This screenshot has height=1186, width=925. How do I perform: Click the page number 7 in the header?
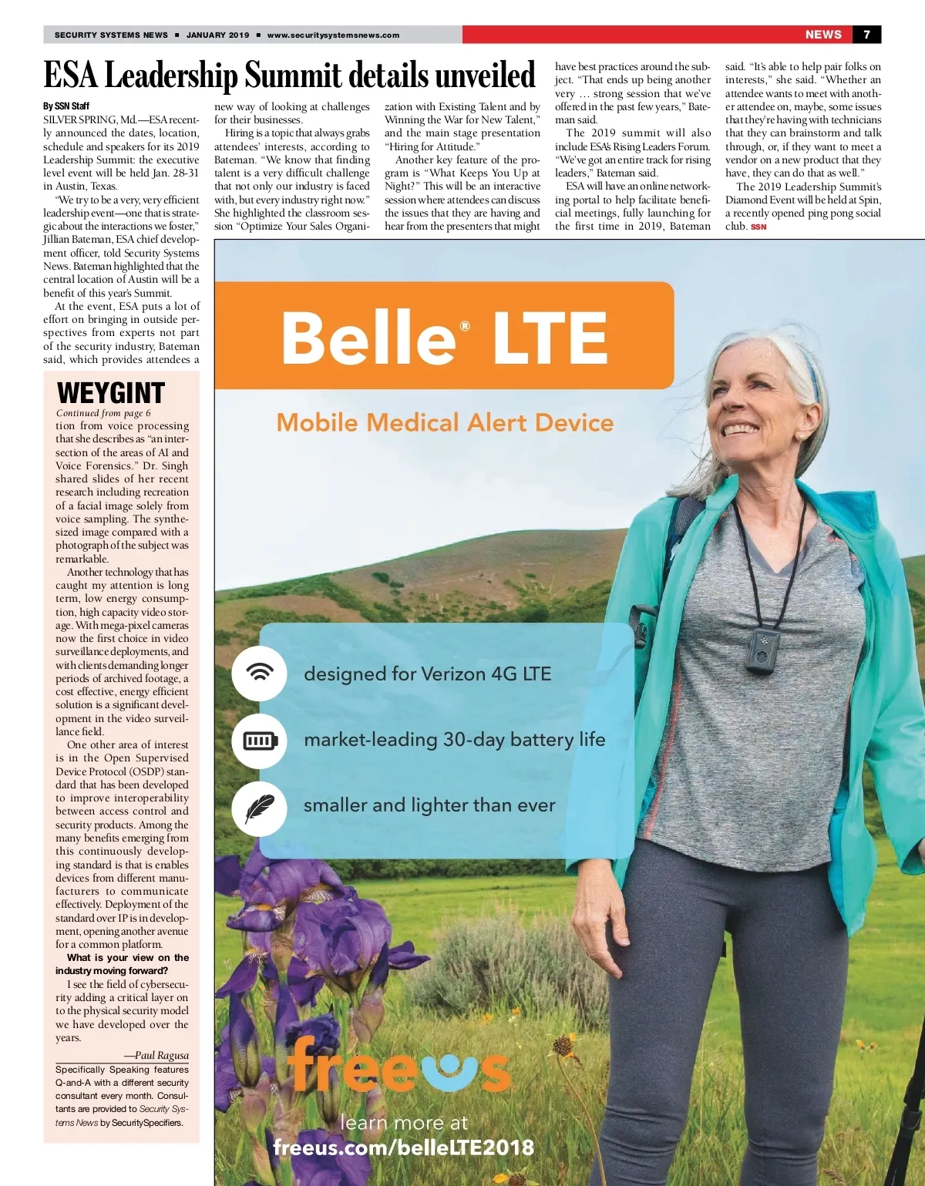(867, 35)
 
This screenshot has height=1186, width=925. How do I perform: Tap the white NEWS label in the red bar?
(823, 35)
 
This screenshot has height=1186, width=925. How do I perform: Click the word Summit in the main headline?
(294, 76)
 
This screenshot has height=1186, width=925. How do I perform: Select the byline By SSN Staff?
(66, 106)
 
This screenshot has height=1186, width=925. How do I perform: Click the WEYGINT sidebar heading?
(111, 393)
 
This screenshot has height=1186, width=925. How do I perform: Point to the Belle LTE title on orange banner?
(444, 337)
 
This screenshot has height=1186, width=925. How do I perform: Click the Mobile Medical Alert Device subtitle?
(445, 422)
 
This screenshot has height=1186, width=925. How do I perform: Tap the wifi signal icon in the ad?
(260, 673)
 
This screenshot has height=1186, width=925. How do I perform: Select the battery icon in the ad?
(260, 741)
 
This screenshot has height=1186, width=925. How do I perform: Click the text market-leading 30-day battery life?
(454, 740)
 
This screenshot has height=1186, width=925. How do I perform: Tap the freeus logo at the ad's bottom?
(398, 1067)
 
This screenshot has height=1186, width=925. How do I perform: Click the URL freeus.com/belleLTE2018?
(403, 1147)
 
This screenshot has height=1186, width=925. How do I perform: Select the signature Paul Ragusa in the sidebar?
(156, 1056)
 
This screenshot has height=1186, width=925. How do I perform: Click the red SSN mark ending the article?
(758, 227)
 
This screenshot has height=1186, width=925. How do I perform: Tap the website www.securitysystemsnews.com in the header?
(333, 35)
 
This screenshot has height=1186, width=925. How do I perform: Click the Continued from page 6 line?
(103, 413)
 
